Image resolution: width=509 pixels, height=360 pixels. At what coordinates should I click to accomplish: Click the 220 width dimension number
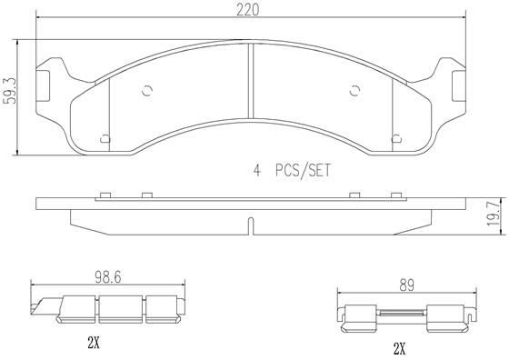(x=247, y=10)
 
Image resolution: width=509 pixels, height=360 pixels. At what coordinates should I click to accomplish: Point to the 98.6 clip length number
(x=108, y=277)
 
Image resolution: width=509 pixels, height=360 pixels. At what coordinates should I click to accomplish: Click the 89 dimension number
(x=407, y=285)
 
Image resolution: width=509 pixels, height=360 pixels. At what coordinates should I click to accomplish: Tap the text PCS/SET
(x=303, y=170)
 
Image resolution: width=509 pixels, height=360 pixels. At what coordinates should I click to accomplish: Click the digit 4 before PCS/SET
(x=256, y=170)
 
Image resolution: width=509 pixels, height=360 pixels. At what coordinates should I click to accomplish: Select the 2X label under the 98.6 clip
(x=94, y=343)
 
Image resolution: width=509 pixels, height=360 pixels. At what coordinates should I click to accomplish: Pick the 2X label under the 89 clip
(x=399, y=349)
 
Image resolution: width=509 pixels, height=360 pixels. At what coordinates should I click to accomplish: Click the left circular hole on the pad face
(x=147, y=91)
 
